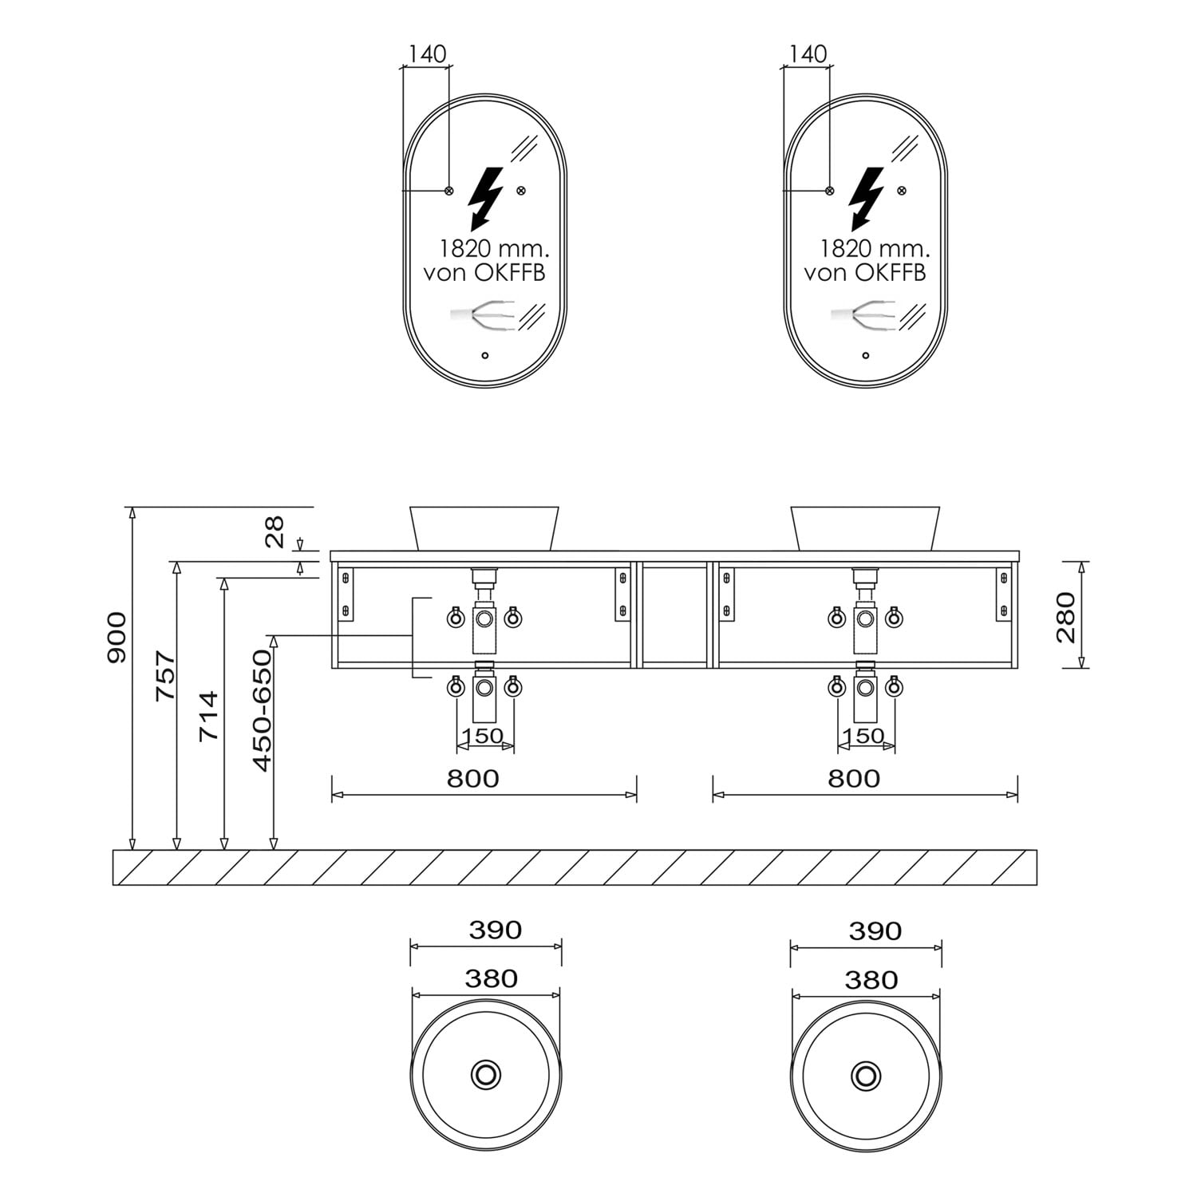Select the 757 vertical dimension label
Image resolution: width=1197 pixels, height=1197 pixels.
[165, 677]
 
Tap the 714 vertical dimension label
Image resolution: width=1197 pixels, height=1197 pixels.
[208, 716]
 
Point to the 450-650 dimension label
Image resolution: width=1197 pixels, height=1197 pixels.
[262, 710]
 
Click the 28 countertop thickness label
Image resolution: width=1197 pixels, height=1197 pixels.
[274, 531]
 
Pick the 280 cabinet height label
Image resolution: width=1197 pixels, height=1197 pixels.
[1066, 617]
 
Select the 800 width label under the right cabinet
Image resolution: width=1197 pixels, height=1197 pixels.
[853, 778]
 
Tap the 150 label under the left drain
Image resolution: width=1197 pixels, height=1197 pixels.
[483, 736]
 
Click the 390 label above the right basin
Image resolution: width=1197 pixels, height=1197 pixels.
[875, 930]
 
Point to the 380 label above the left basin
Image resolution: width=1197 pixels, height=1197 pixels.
[492, 978]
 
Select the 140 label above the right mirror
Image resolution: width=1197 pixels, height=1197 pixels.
[808, 54]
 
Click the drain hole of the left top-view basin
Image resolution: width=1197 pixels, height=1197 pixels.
[485, 1074]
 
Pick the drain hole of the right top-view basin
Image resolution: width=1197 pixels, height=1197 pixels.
[867, 1075]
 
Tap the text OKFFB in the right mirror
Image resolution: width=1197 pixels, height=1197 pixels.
[891, 273]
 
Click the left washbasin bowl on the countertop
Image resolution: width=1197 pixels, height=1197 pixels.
[484, 527]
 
